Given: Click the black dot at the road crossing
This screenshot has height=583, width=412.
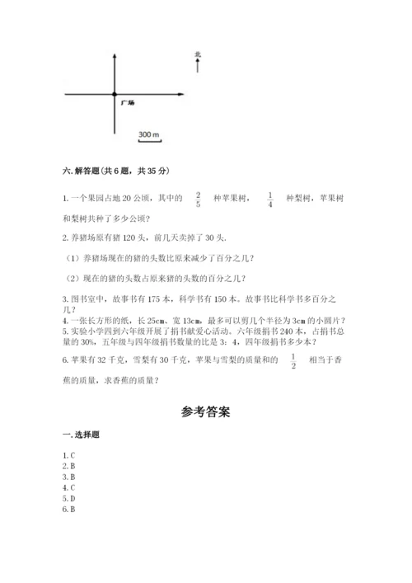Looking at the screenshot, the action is (x=115, y=96).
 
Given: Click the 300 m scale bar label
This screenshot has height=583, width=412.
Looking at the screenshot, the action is (x=149, y=134).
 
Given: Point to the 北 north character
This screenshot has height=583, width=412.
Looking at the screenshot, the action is (x=198, y=55).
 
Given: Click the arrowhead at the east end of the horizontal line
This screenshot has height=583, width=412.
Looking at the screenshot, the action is (x=177, y=96).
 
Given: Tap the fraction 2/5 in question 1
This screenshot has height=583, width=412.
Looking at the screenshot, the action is (x=198, y=198).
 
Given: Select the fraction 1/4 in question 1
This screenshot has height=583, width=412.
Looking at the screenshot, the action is (x=270, y=198).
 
